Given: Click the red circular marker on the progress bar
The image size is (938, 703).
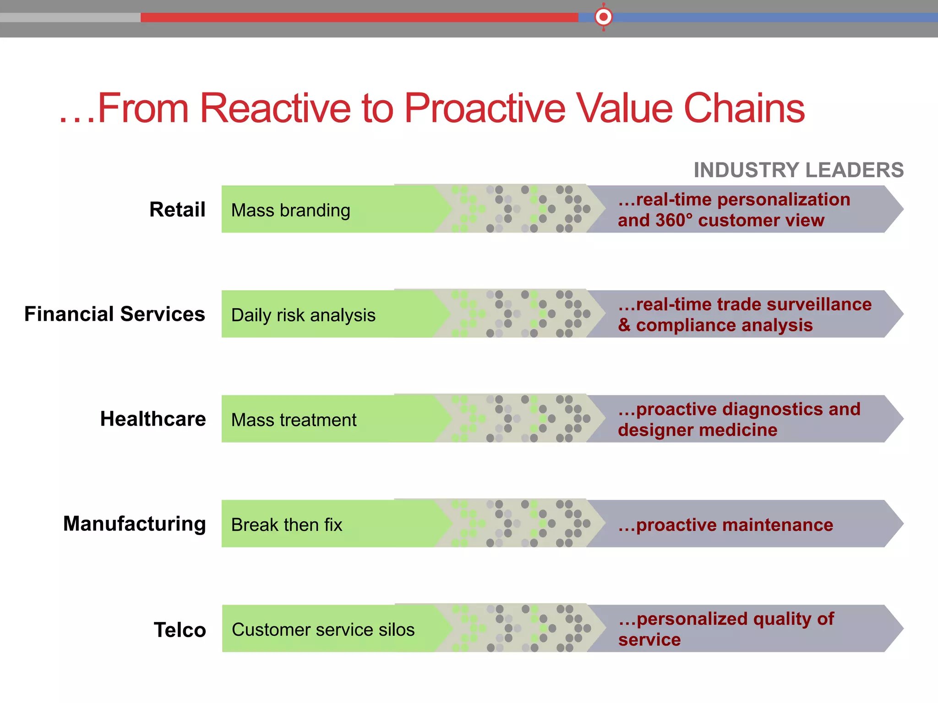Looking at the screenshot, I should click(x=604, y=17).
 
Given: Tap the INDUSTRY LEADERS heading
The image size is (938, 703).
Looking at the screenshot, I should click(x=798, y=170).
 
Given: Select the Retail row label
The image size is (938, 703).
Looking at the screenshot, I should click(x=177, y=210).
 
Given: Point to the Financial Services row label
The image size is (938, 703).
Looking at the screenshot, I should click(x=115, y=314).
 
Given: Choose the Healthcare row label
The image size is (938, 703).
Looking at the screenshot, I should click(x=153, y=419).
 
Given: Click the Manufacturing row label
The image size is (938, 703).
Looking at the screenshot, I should click(x=135, y=524).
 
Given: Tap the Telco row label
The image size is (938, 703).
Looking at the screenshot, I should click(x=180, y=630).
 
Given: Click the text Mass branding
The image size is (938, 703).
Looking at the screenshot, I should click(x=290, y=211).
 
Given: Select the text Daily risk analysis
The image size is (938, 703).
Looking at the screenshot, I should click(x=303, y=315).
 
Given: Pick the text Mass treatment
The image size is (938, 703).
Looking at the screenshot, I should click(x=294, y=420).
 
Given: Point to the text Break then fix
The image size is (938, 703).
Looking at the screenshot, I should click(x=287, y=525).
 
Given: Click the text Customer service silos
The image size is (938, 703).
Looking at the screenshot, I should click(x=323, y=630).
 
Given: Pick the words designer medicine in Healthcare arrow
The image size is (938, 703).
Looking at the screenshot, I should click(x=697, y=430).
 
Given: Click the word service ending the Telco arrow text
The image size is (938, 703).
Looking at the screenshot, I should click(x=649, y=640).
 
